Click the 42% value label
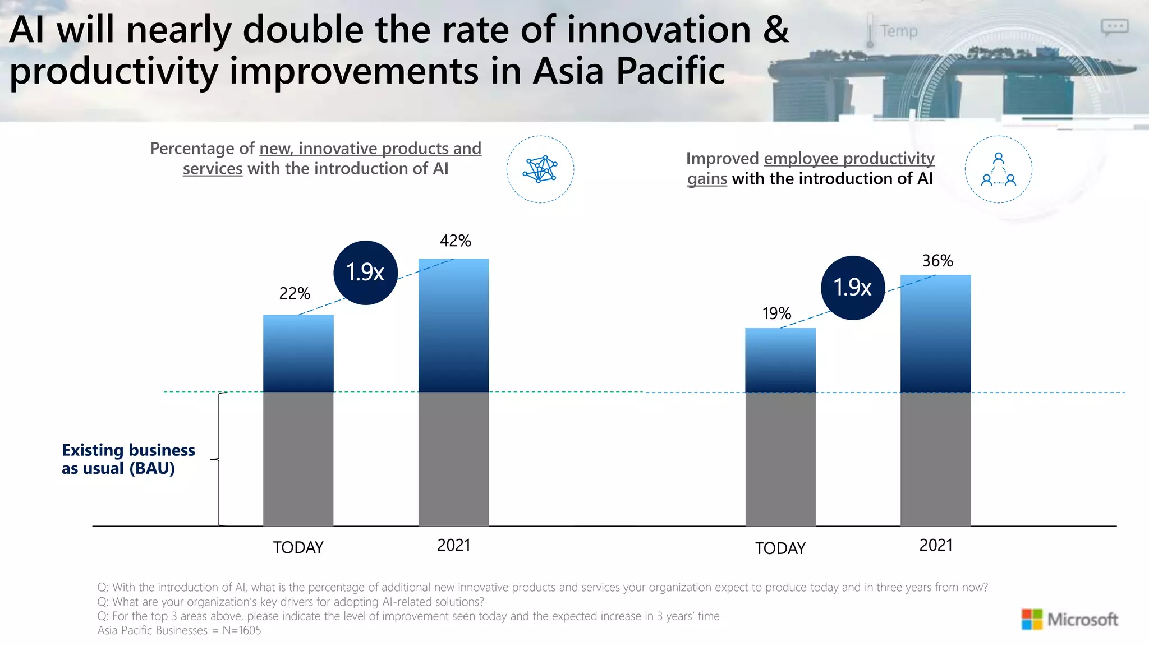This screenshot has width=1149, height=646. tap(455, 241)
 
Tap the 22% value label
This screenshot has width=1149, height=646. tap(295, 293)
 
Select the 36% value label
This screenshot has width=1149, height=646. tap(937, 261)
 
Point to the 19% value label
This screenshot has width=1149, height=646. tap(776, 313)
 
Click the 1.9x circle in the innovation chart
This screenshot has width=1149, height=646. tap(365, 273)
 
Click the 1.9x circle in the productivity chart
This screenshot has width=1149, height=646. tap(852, 288)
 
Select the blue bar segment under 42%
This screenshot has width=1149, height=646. tap(453, 325)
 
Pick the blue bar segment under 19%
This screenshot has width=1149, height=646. tap(780, 360)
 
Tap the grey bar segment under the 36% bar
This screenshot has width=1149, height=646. tap(935, 459)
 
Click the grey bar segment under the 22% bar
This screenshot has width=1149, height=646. tap(298, 459)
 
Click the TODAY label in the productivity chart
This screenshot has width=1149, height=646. tap(780, 548)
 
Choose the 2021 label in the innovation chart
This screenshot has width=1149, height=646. tap(453, 545)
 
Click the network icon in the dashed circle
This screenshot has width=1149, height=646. tap(540, 169)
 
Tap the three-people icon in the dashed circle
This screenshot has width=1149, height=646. tap(998, 169)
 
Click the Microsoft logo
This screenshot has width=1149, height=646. tap(1069, 619)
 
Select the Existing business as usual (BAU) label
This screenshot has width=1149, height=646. tap(128, 459)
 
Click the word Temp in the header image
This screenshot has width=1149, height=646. tap(898, 31)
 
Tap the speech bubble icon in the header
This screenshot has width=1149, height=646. tap(1114, 26)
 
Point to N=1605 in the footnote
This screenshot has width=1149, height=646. tap(241, 630)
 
